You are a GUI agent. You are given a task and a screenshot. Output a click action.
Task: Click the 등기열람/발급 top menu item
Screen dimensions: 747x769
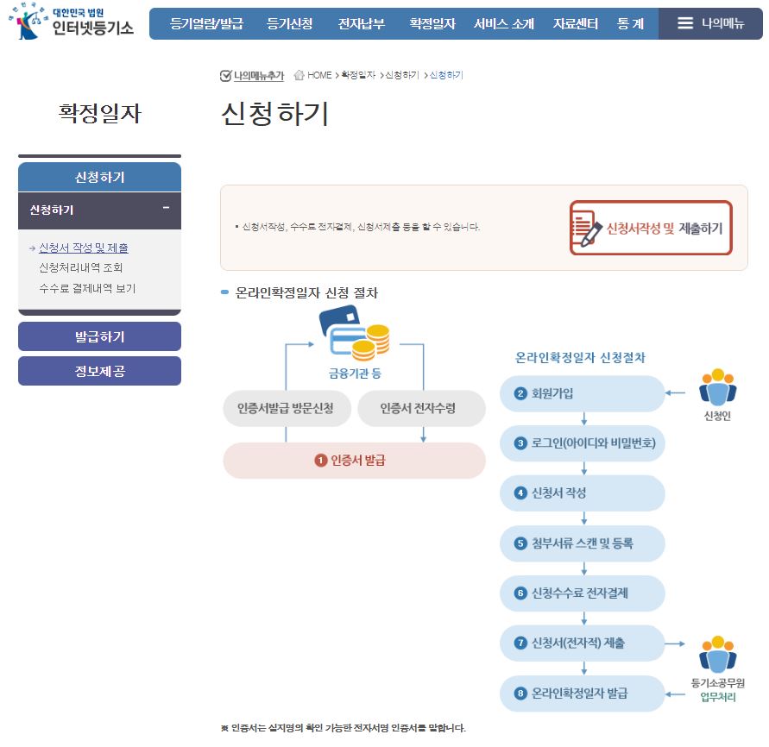point(206,24)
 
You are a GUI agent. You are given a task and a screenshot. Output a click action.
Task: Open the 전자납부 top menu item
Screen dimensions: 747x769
point(362,24)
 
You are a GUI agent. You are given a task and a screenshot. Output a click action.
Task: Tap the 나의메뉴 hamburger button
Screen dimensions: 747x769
point(710,24)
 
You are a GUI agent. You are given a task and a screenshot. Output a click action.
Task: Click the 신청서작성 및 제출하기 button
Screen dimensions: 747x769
point(651,228)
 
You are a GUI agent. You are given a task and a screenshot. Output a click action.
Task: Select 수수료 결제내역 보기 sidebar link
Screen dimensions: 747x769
point(87,288)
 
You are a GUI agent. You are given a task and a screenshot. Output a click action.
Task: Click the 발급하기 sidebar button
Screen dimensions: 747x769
point(99,336)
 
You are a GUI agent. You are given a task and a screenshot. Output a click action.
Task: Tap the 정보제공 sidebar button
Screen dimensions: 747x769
point(99,371)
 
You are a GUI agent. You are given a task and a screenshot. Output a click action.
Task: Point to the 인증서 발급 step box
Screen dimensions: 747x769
point(354,461)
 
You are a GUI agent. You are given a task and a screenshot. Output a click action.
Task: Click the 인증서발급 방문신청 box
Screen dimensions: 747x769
point(285,408)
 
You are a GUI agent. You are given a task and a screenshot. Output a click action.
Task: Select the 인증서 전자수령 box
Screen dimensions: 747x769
point(421,408)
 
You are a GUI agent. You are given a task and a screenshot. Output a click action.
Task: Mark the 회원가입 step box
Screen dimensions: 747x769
point(582,394)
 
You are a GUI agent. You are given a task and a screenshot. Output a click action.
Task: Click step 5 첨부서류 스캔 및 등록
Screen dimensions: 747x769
point(582,543)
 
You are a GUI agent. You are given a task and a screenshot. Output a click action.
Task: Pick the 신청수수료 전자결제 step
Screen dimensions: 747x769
point(582,593)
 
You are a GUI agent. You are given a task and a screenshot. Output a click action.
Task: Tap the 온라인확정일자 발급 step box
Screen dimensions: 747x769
point(582,694)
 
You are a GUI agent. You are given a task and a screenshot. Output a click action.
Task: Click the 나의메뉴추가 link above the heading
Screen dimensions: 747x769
point(252,76)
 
